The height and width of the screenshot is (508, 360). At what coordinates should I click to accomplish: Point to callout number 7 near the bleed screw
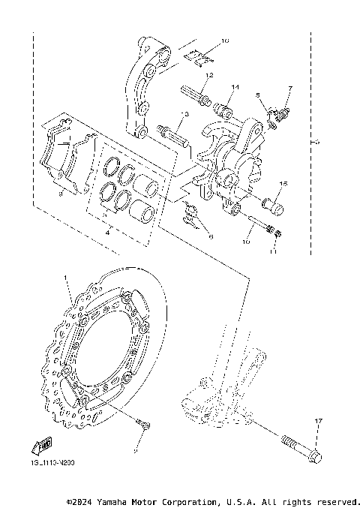click(x=289, y=89)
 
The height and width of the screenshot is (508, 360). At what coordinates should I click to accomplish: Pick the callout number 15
click(x=283, y=184)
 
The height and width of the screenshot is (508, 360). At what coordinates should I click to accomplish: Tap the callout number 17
click(x=318, y=422)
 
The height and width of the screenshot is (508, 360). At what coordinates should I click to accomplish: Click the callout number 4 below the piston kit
click(x=109, y=233)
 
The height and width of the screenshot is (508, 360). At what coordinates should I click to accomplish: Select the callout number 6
click(x=211, y=237)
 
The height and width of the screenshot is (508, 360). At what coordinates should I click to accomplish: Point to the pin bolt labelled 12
click(x=193, y=97)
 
